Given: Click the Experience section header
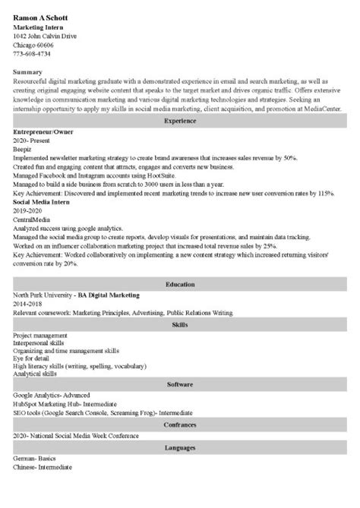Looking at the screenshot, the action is (179, 120).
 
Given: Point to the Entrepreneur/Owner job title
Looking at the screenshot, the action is (43, 130).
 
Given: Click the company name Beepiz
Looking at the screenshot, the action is (24, 150).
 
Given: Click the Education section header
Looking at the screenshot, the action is (179, 283).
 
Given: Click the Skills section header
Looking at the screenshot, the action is (179, 323).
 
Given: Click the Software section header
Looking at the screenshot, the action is (179, 384).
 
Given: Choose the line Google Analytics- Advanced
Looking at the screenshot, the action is (51, 394).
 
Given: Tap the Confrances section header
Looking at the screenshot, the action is (179, 424).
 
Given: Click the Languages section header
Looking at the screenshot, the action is (179, 448).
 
